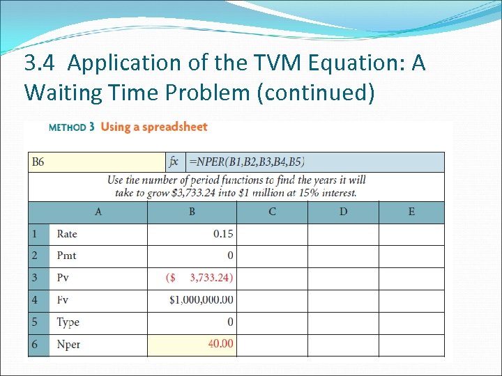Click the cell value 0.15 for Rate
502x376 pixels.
223,234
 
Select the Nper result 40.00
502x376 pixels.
221,344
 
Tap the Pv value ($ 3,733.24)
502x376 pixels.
200,279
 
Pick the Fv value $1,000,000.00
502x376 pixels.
201,300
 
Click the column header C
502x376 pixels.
272,212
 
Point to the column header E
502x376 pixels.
411,212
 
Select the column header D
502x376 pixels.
343,212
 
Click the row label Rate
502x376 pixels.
67,234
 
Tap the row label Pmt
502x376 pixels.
66,256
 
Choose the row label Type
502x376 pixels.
68,322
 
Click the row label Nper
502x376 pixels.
68,344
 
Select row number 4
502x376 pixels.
35,300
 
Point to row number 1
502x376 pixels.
35,234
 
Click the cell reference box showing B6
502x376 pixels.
38,162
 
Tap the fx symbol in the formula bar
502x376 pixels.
174,162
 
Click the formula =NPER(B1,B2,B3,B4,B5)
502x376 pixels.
247,162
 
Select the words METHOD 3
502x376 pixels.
68,127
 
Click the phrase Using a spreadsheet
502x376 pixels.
154,127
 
